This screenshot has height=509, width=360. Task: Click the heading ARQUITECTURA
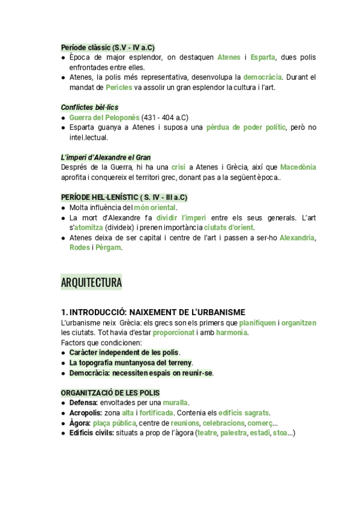91,282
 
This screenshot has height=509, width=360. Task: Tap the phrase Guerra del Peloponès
104,117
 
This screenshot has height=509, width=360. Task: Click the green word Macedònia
298,167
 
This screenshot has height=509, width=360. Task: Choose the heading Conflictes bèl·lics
89,107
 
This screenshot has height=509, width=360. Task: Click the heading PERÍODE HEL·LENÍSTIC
124,197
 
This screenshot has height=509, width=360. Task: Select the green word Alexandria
297,238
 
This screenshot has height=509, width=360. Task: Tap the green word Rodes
80,248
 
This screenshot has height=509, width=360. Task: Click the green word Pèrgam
109,248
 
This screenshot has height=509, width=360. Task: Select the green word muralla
175,402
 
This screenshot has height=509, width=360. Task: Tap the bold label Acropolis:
86,412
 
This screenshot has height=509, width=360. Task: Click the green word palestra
233,433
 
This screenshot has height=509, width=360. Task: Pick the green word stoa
280,433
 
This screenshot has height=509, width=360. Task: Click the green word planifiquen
257,322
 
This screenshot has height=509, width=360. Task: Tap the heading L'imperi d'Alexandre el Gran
106,157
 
